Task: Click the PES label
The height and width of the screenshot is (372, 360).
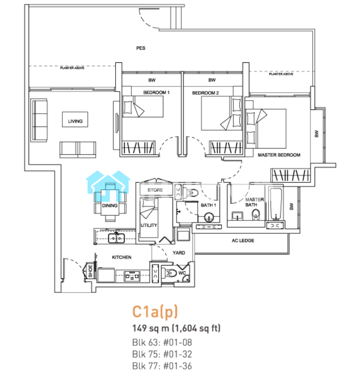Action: (x=141, y=48)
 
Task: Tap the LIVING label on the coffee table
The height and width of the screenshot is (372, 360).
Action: (x=75, y=121)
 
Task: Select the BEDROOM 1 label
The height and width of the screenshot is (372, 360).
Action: (x=156, y=92)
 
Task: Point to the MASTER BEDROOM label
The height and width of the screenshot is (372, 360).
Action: (x=279, y=155)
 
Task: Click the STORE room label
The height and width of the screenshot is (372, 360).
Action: (x=155, y=190)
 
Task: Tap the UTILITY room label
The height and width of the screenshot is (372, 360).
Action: (x=149, y=225)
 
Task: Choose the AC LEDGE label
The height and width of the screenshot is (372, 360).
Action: (x=243, y=241)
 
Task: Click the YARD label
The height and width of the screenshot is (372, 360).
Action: (x=179, y=253)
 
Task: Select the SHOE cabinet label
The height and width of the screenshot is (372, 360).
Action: (x=90, y=271)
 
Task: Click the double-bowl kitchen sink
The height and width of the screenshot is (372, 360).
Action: (x=116, y=238)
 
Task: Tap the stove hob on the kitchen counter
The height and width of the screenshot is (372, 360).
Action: (x=132, y=276)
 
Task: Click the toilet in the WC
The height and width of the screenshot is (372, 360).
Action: (x=171, y=273)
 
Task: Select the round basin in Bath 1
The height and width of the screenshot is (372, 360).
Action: (x=209, y=217)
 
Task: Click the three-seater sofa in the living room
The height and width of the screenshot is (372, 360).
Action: (x=39, y=120)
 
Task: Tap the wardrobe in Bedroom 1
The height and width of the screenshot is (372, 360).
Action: (x=138, y=147)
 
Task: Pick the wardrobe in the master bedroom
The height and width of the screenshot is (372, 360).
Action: (x=291, y=175)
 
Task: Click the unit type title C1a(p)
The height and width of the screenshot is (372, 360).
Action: (x=155, y=312)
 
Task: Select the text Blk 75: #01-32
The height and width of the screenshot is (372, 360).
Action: (x=162, y=354)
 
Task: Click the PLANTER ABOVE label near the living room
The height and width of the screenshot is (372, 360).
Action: (x=72, y=68)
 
